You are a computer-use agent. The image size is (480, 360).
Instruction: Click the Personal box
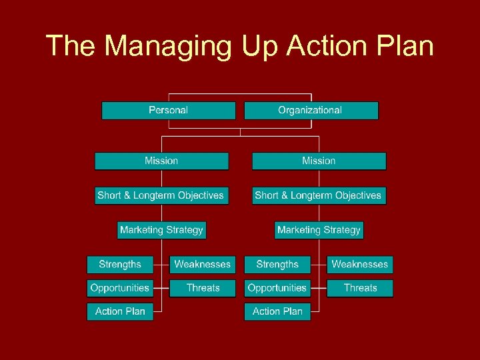coord(168,111)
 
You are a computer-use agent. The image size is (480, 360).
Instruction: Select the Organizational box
coord(311,111)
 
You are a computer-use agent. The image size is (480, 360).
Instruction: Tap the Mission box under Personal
coord(161,161)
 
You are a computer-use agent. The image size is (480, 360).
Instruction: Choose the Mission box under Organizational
coord(319,161)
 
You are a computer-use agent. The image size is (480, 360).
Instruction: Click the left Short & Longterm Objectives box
coord(161,196)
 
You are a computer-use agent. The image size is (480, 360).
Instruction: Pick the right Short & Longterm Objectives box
coord(318,196)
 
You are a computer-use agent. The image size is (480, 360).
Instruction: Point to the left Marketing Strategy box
coord(161,230)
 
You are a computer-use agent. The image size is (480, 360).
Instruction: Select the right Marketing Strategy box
coord(319,230)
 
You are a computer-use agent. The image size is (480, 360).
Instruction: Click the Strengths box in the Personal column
coord(120,265)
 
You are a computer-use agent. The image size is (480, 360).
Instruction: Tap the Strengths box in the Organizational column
coord(277,265)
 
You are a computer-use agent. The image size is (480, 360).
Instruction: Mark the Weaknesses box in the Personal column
coord(203,265)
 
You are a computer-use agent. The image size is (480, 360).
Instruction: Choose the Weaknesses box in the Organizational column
coord(360,265)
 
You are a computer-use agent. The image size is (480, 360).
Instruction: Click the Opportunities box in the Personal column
coord(120,289)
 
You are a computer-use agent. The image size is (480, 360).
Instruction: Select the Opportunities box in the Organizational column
coord(277,289)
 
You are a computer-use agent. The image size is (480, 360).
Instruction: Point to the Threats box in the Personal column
coord(203,289)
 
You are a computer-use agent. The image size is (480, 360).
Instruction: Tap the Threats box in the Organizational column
coord(360,289)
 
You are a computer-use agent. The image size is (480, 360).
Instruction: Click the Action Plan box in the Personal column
coord(120,311)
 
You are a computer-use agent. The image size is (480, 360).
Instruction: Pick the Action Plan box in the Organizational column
coord(277,311)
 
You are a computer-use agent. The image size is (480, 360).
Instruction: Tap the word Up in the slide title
coord(257,47)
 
